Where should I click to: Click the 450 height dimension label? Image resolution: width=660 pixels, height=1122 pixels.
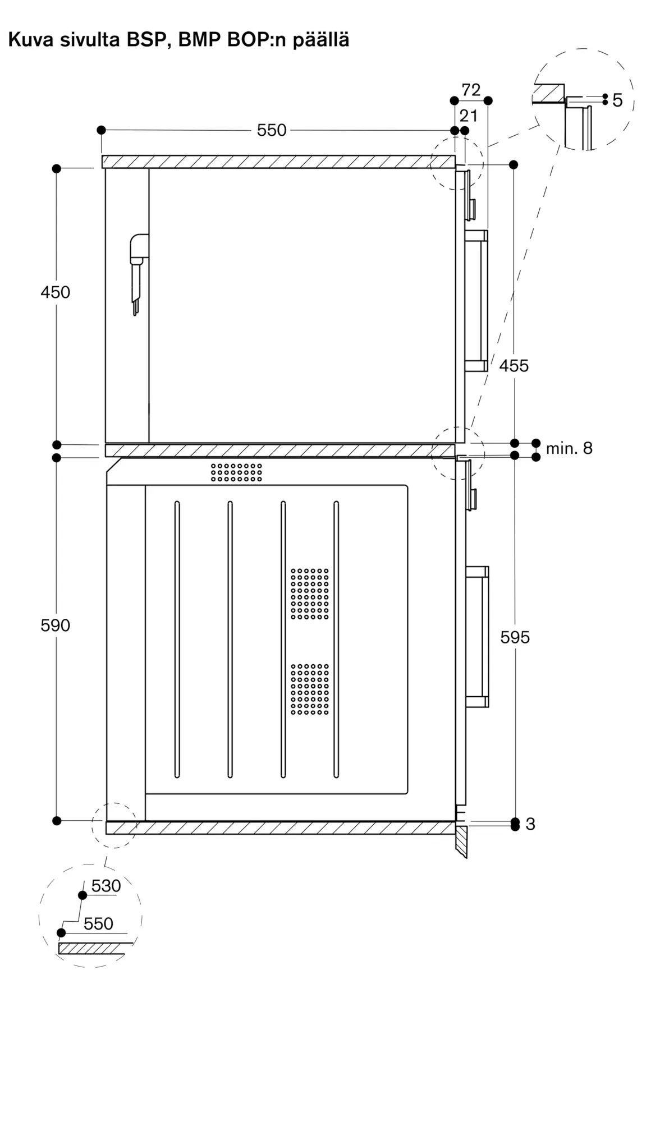click(55, 292)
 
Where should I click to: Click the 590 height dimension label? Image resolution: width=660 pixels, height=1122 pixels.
click(55, 626)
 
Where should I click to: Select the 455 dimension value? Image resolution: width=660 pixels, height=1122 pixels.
click(514, 366)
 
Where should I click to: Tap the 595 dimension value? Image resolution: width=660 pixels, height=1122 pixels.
click(515, 637)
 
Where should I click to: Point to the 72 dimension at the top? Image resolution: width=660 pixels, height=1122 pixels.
click(471, 90)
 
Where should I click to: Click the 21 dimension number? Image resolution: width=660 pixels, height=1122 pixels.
click(468, 116)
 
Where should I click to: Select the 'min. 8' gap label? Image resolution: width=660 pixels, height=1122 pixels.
click(569, 448)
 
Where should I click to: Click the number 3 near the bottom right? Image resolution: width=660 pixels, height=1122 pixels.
click(530, 824)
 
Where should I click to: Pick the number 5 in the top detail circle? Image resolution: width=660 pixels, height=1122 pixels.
click(617, 101)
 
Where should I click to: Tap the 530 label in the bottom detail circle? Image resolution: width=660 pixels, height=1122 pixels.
click(106, 886)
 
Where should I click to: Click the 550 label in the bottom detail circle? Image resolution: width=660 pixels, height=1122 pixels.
click(98, 923)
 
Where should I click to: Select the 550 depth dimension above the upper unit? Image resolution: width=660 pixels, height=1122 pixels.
click(272, 130)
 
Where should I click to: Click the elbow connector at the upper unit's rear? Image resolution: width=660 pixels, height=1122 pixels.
click(139, 249)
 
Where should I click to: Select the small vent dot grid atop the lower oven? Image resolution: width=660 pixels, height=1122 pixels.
click(236, 472)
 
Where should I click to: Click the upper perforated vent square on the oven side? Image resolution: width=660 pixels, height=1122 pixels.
click(310, 594)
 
